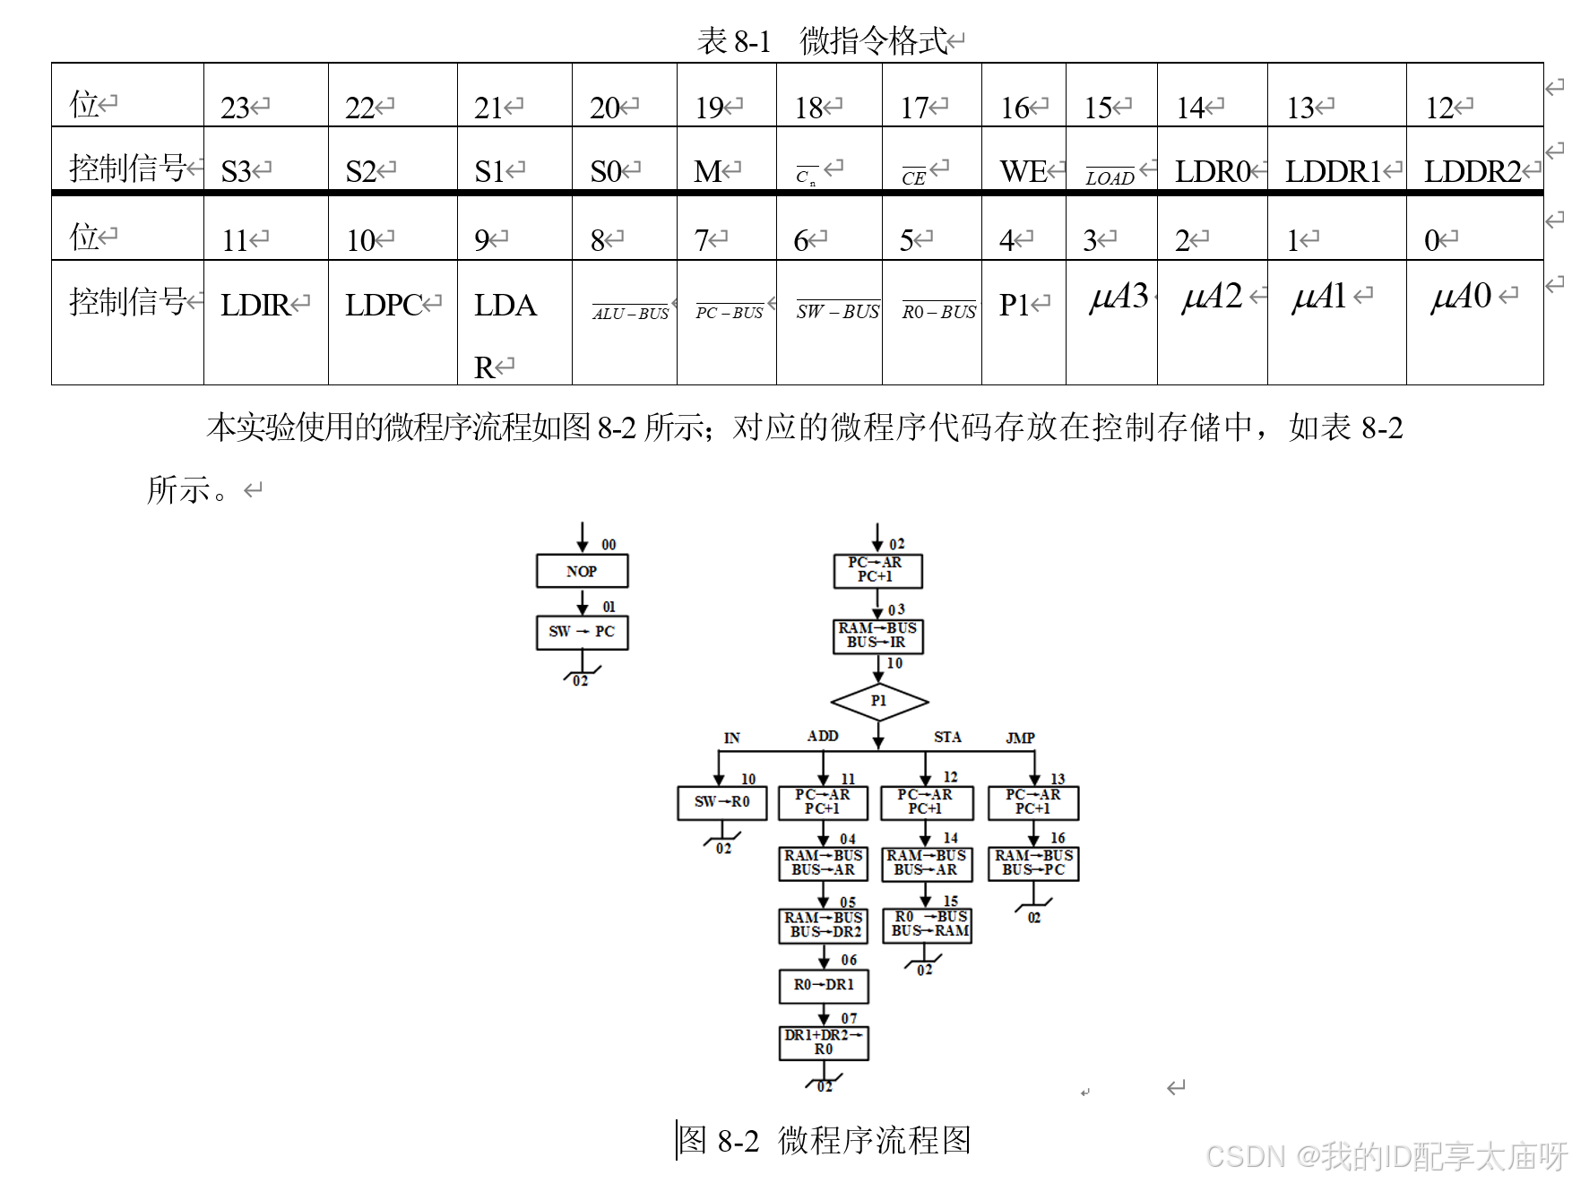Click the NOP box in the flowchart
[x=582, y=571]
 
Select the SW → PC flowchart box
[x=582, y=632]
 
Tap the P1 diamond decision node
[x=878, y=701]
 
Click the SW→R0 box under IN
[x=721, y=802]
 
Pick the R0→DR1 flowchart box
[x=824, y=985]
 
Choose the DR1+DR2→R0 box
[x=824, y=1042]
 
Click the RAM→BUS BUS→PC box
[x=1033, y=863]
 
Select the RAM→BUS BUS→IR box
[x=877, y=635]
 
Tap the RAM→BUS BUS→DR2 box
[x=824, y=925]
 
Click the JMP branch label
[x=1020, y=738]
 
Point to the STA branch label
[x=947, y=737]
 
